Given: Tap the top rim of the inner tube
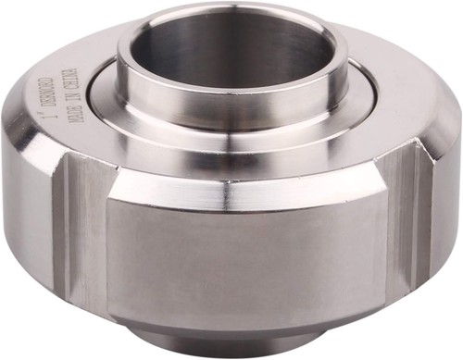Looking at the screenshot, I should pyautogui.click(x=231, y=15).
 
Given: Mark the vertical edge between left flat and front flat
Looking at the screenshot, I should pyautogui.click(x=108, y=250).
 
